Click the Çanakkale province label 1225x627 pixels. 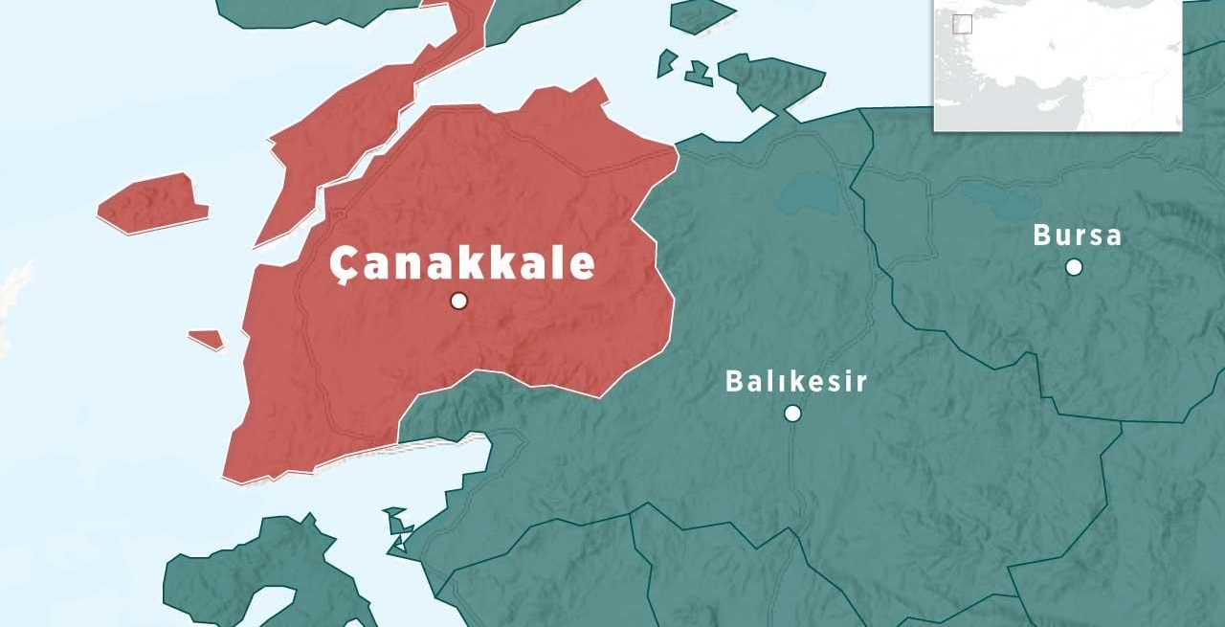coord(462,263)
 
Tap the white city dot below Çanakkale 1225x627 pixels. coord(458,301)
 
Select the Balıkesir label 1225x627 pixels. coord(796,381)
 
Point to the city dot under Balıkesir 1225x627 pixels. coord(792,413)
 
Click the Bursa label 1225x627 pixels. coord(1077,235)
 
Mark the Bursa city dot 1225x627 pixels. coord(1074,267)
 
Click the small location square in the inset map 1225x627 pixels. coord(962,24)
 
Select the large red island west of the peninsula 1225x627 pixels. coord(153,203)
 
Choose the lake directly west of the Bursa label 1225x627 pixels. coord(1001,197)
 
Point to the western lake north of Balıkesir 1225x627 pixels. coord(805,195)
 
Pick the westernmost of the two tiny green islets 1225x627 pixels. coord(667,64)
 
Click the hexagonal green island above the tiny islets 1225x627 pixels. coord(701,15)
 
